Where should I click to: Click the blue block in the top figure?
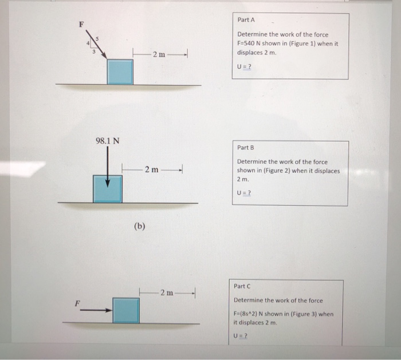(x=120, y=72)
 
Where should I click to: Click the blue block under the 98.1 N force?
(x=108, y=189)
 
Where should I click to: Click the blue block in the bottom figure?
(x=126, y=311)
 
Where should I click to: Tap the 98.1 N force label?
(x=107, y=141)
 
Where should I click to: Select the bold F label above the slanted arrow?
(x=81, y=25)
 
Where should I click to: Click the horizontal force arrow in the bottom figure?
(x=95, y=311)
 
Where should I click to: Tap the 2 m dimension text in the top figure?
(x=159, y=54)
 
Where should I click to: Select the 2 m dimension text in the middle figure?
(x=151, y=169)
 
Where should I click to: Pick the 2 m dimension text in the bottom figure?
(x=167, y=292)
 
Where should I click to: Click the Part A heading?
(x=247, y=20)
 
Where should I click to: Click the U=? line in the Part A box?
(x=244, y=66)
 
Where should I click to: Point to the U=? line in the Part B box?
(x=244, y=193)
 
